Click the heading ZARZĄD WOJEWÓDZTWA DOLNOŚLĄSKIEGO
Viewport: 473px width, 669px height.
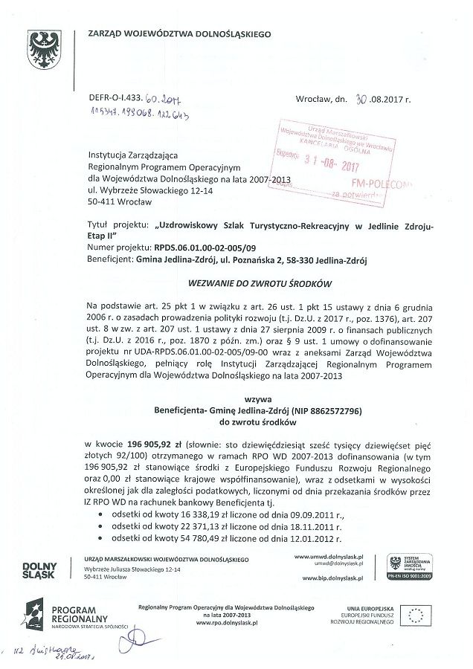tap(179, 34)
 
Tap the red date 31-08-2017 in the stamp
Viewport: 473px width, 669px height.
tap(332, 157)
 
